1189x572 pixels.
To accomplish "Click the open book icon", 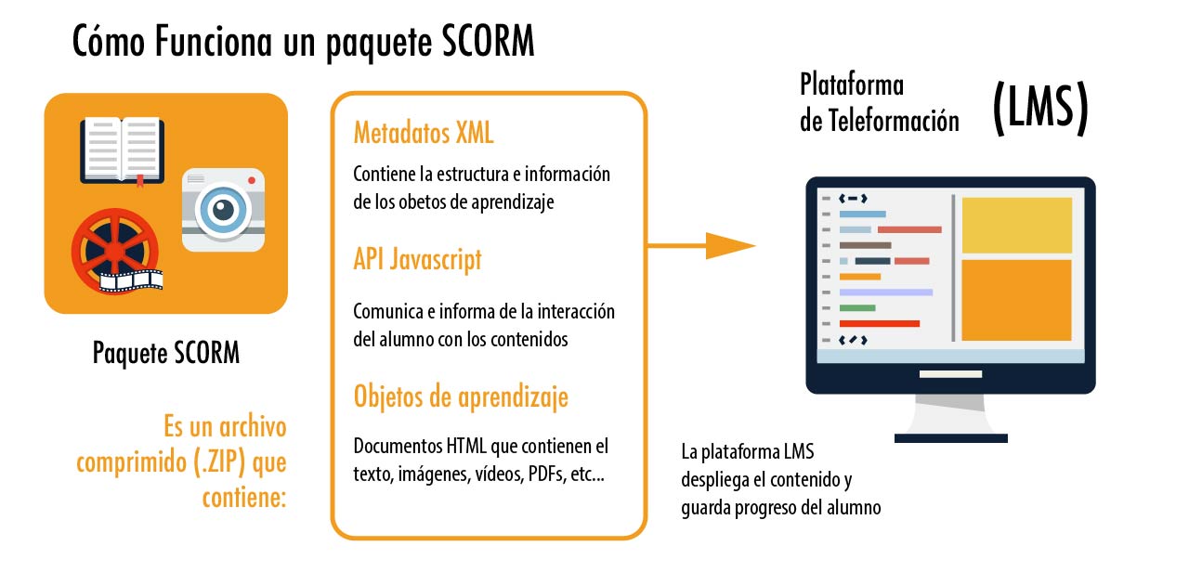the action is (x=122, y=150).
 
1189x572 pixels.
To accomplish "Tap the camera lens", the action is (x=223, y=210).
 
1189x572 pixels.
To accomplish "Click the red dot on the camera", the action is (x=252, y=180).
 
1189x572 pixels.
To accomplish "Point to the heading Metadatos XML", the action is (x=424, y=133).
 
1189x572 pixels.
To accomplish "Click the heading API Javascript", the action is (x=418, y=259).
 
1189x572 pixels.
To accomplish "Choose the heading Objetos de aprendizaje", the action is (x=461, y=396).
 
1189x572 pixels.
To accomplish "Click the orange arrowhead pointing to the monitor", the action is (x=730, y=246).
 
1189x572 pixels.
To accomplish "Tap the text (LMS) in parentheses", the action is (x=1041, y=108).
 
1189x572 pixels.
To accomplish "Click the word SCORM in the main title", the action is (x=488, y=42).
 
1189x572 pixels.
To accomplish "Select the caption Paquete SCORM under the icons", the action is (x=166, y=353).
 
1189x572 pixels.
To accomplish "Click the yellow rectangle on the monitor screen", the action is (x=1017, y=225).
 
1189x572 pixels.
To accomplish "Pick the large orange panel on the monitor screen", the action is (x=1017, y=300).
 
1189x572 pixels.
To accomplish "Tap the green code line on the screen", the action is (x=857, y=307).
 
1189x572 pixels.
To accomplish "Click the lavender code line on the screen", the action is (x=886, y=292).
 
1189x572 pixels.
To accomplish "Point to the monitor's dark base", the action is (x=951, y=438).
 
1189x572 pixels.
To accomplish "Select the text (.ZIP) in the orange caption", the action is (x=219, y=461).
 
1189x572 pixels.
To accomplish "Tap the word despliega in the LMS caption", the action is (x=723, y=480).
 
